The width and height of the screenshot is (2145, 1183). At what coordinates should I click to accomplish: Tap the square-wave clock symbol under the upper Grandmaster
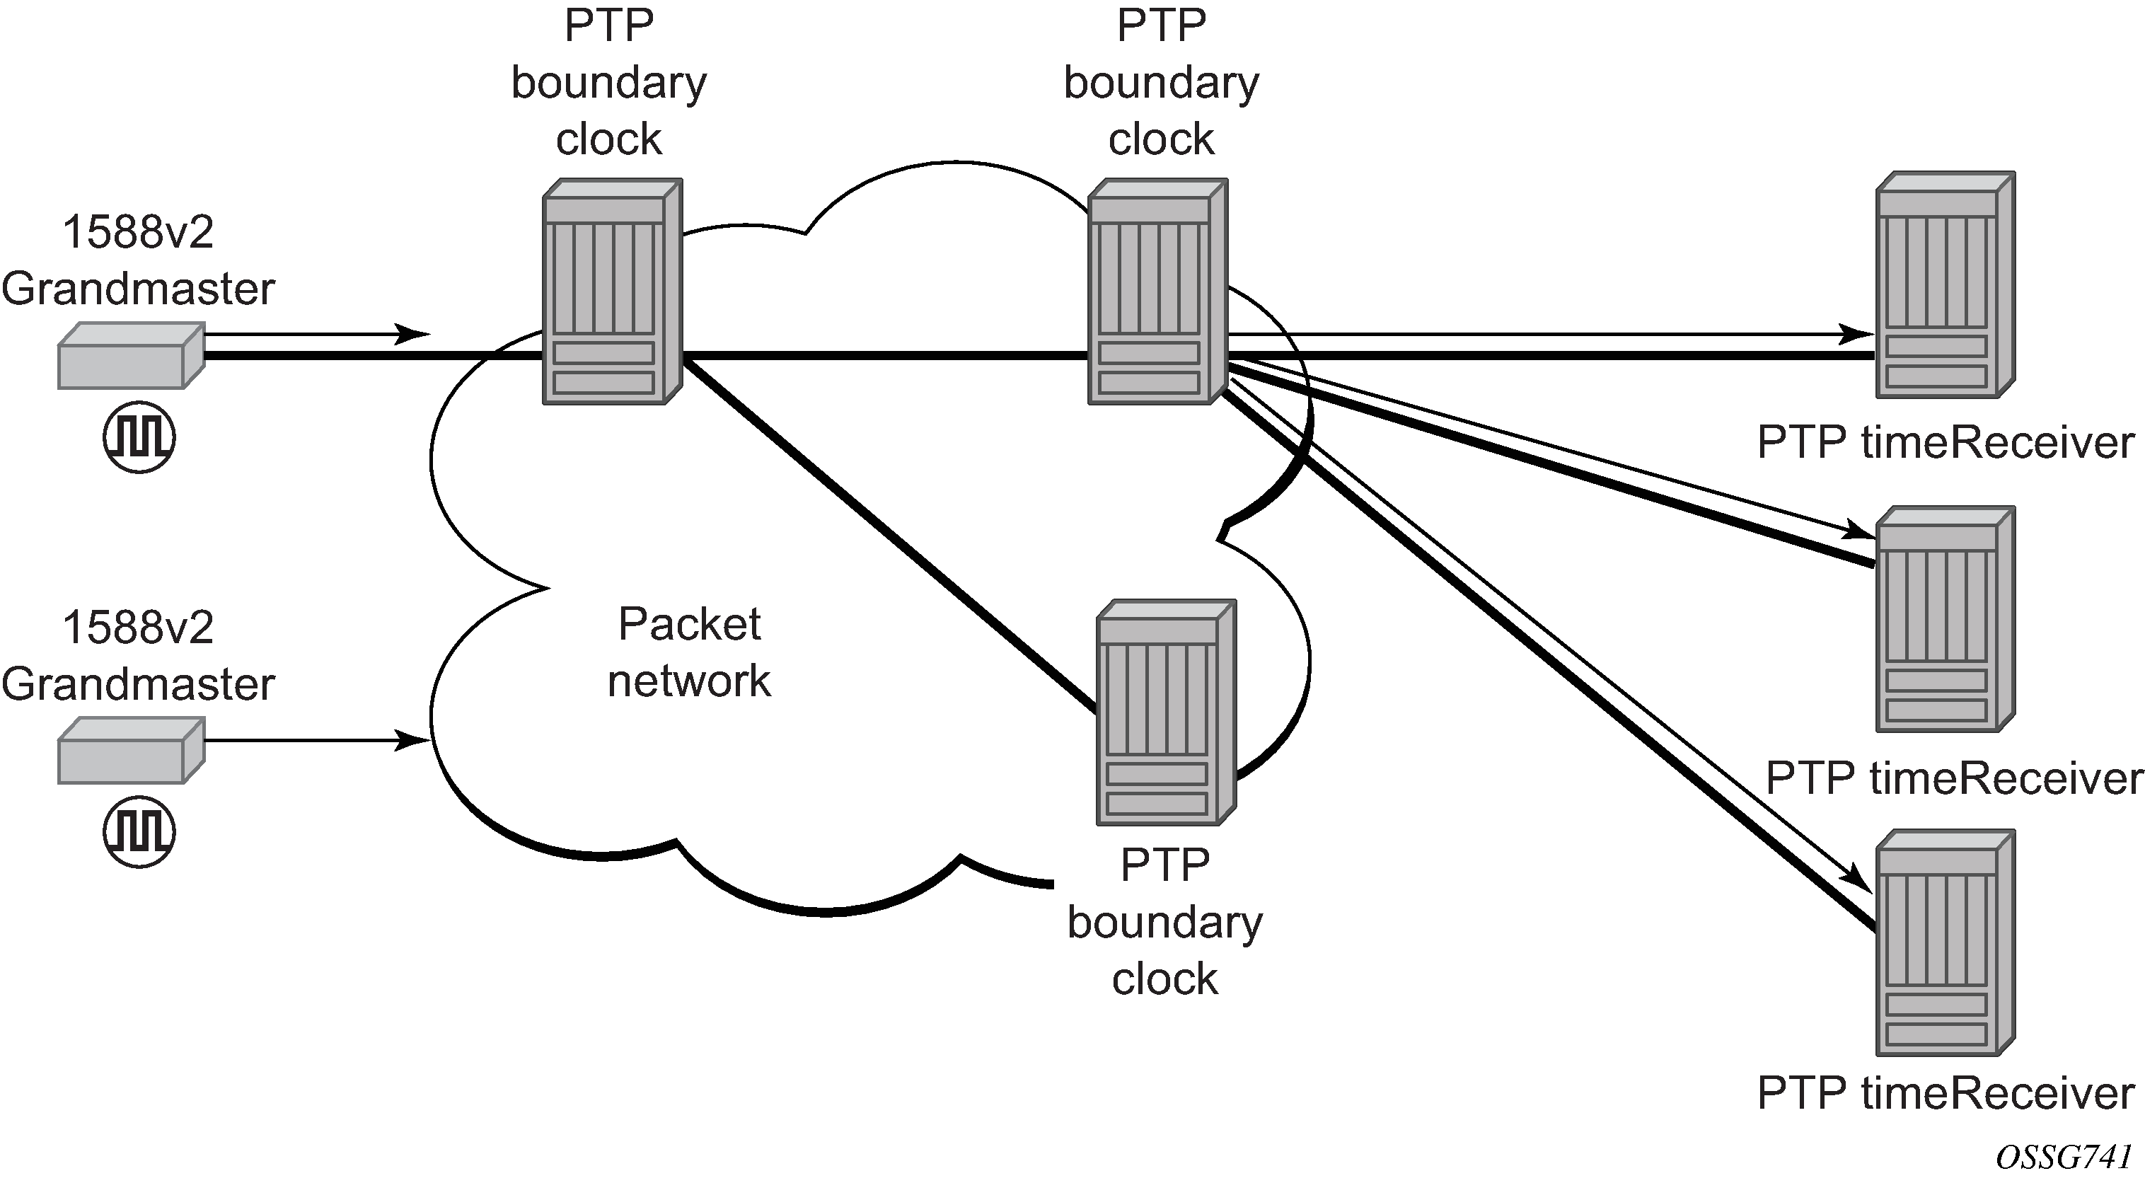(x=139, y=437)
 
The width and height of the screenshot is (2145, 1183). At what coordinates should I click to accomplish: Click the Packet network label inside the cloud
(x=690, y=652)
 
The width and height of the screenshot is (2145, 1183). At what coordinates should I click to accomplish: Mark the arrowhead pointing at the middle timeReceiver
(x=1858, y=531)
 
